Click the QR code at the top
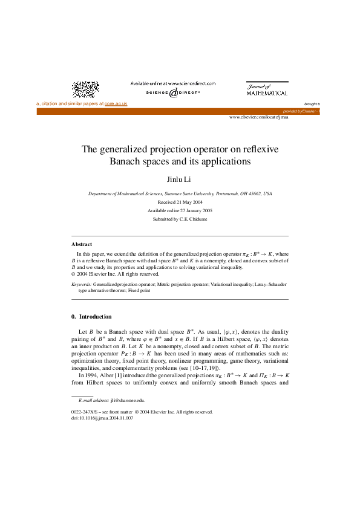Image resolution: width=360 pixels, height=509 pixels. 85,89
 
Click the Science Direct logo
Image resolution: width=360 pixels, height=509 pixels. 173,93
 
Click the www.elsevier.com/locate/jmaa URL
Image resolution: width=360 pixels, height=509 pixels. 258,117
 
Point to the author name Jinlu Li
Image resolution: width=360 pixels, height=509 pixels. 180,180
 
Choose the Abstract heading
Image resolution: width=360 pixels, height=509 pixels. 82,244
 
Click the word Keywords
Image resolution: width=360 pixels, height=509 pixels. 81,284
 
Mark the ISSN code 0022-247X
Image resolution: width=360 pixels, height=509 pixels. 83,411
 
